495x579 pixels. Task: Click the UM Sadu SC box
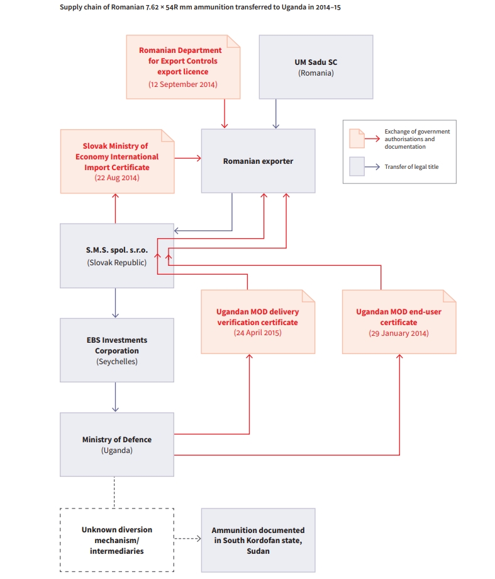tap(316, 67)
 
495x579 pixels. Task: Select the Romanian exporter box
tap(258, 161)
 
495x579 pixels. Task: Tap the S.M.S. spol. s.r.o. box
tap(117, 256)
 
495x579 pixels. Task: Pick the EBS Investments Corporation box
tap(117, 350)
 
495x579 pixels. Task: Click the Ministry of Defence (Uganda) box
tap(117, 445)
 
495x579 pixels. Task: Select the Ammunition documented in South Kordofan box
tap(258, 540)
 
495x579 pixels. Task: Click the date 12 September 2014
tap(183, 84)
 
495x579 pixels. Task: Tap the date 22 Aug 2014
tap(117, 178)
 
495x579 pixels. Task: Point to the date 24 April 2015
tap(258, 333)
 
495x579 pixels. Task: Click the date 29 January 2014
tap(399, 333)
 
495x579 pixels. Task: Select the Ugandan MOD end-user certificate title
tap(399, 317)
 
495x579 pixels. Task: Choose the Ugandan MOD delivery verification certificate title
tap(258, 317)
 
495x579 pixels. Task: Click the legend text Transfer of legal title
tap(412, 167)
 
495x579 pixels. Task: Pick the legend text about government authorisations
tap(417, 139)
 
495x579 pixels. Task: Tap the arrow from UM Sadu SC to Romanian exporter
tap(275, 114)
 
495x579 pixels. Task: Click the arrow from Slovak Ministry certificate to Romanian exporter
tap(187, 158)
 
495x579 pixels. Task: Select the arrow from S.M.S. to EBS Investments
tap(115, 303)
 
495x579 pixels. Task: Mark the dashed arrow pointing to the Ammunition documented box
tap(187, 539)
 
